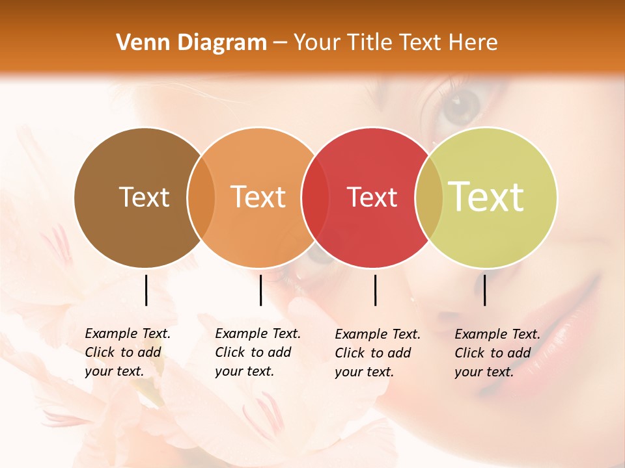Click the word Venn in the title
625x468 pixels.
(139, 43)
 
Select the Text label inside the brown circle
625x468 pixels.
(144, 197)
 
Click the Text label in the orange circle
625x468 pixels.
(258, 197)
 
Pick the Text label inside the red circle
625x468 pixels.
(372, 198)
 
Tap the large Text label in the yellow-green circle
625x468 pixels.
(486, 196)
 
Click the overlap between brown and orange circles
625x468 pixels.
(201, 198)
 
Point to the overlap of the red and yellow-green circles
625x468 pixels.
(428, 198)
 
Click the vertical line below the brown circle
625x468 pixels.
(146, 290)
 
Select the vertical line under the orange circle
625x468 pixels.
(260, 290)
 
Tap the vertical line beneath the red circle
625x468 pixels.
(375, 290)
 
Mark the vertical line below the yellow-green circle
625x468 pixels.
(485, 290)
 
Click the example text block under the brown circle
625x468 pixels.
(128, 352)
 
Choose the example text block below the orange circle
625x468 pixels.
(258, 352)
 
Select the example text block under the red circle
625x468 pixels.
(378, 353)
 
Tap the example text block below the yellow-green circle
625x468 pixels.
(497, 353)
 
